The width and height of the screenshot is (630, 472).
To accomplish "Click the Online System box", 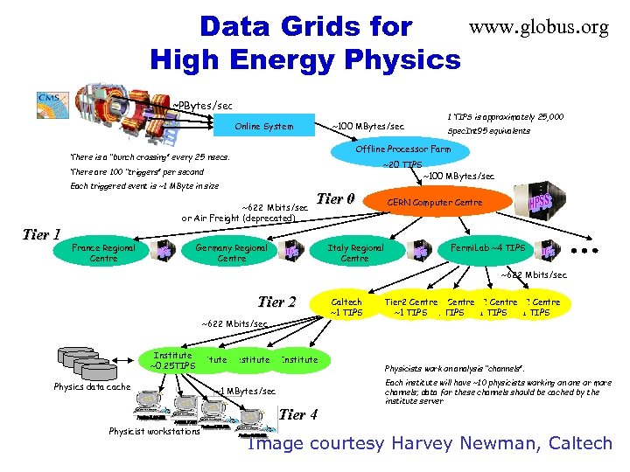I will click(x=264, y=127).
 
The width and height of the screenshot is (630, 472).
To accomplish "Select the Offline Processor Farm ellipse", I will click(x=403, y=149).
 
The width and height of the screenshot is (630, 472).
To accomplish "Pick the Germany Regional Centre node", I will click(x=232, y=253).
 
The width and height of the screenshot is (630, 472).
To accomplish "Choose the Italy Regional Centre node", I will click(x=354, y=253).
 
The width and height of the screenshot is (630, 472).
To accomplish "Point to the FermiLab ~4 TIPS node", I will click(x=487, y=248).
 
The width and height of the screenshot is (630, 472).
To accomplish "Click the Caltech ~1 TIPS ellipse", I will click(x=346, y=307).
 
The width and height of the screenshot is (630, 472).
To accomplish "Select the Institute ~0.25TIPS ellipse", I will click(x=172, y=360).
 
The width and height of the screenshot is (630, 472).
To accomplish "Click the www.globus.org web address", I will click(x=538, y=28).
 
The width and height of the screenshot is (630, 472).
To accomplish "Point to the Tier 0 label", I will click(x=335, y=198).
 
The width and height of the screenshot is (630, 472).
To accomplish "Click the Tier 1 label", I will click(x=41, y=234).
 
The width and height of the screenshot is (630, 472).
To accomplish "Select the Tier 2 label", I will click(x=276, y=302).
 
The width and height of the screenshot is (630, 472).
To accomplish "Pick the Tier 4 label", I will click(x=299, y=413).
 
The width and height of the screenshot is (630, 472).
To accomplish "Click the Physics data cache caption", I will click(x=92, y=386).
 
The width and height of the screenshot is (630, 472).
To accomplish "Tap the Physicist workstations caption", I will click(x=154, y=430).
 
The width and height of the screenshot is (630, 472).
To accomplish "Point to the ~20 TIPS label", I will click(x=402, y=164).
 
